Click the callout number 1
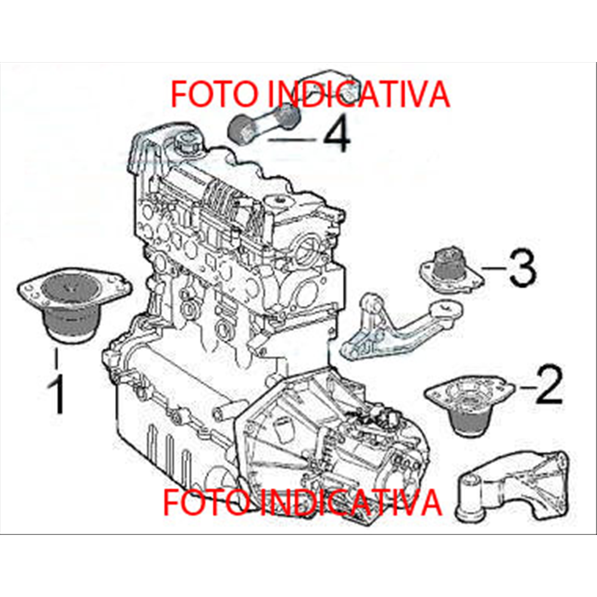57,393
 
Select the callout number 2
549,386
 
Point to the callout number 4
336,135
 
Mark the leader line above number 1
57,359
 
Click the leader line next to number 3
493,269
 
